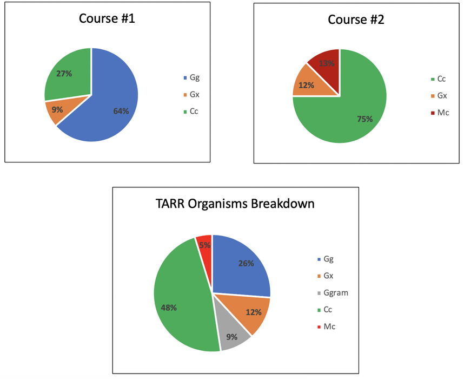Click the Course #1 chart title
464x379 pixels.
[x=107, y=18]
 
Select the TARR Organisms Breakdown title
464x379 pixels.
[x=235, y=204]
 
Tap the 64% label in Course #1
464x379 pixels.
[x=121, y=111]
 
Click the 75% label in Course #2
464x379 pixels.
[x=364, y=119]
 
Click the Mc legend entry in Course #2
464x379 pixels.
[x=442, y=113]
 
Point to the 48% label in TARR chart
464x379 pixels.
[x=169, y=308]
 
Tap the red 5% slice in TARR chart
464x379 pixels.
[x=204, y=245]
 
